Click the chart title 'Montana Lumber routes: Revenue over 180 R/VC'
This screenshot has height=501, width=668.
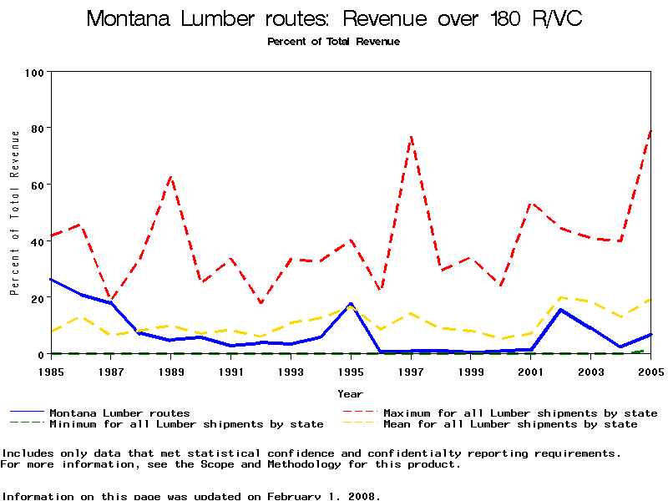[334, 19]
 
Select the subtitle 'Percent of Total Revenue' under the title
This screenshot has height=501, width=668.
[333, 41]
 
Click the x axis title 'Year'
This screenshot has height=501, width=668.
[350, 393]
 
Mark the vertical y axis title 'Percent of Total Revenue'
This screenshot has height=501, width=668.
[14, 212]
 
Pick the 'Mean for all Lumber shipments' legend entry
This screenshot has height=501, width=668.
[510, 424]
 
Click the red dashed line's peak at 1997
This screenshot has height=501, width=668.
[411, 136]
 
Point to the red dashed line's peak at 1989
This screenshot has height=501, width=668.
[171, 176]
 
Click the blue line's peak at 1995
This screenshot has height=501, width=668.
[351, 304]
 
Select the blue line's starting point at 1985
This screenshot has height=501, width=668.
[51, 279]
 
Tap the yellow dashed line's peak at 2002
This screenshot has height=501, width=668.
[561, 297]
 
